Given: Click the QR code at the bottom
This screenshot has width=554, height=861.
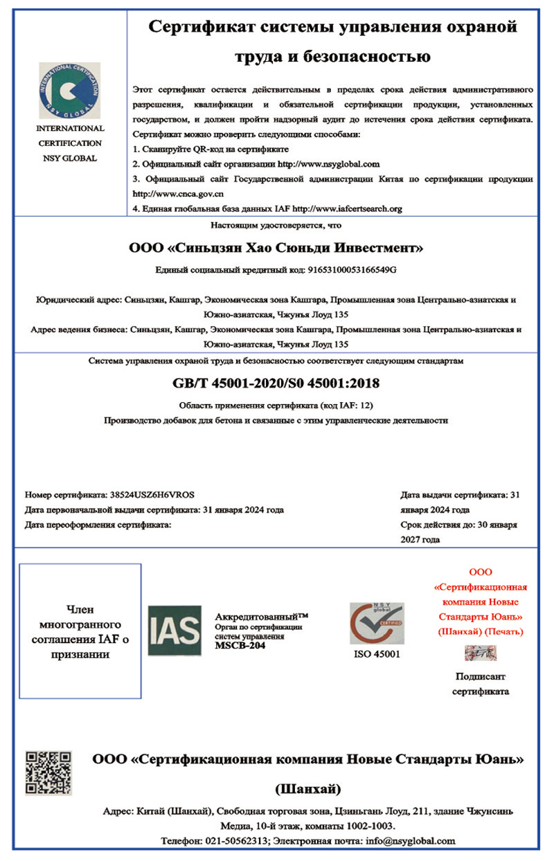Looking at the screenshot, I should tap(48, 772).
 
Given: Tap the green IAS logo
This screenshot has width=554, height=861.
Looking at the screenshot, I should tap(175, 631).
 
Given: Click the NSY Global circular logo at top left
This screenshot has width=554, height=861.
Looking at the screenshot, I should tap(69, 90).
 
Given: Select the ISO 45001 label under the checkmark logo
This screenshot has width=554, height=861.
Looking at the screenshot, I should tap(377, 654).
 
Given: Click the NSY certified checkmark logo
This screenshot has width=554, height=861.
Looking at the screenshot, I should tap(377, 624).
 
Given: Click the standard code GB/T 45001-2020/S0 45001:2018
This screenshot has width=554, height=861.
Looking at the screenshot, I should tap(276, 383).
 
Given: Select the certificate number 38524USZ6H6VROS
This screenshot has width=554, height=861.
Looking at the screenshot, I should tap(152, 495).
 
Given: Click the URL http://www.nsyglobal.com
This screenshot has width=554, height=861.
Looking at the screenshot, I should tap(329, 164).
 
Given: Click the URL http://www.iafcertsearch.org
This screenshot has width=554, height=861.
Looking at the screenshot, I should tap(348, 208).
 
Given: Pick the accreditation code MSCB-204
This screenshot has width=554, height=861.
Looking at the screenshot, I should tap(240, 646).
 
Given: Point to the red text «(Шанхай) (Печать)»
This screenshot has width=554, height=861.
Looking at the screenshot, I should tap(481, 631).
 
